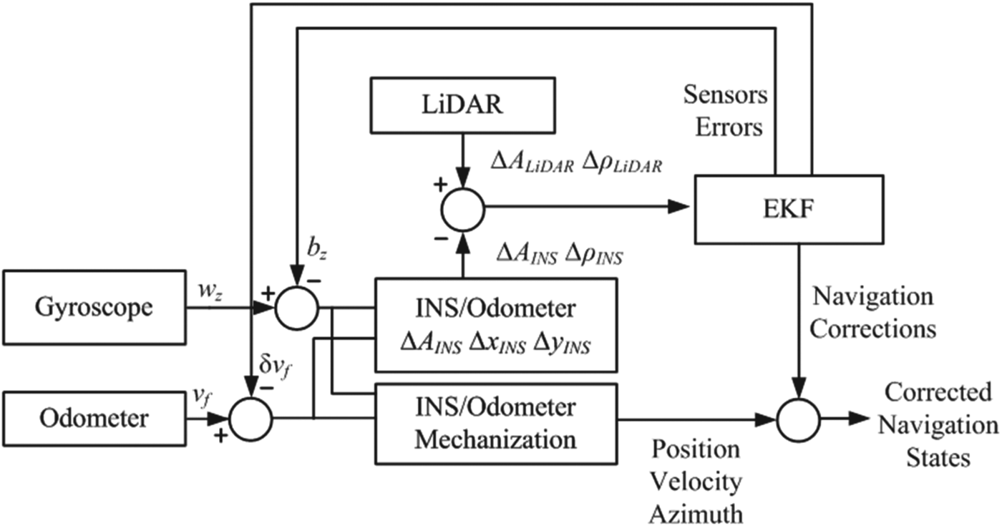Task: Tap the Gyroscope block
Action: pyautogui.click(x=94, y=308)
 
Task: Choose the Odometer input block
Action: pyautogui.click(x=94, y=417)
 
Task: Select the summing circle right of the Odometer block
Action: pyautogui.click(x=250, y=417)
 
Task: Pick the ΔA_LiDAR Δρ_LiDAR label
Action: pyautogui.click(x=575, y=165)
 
